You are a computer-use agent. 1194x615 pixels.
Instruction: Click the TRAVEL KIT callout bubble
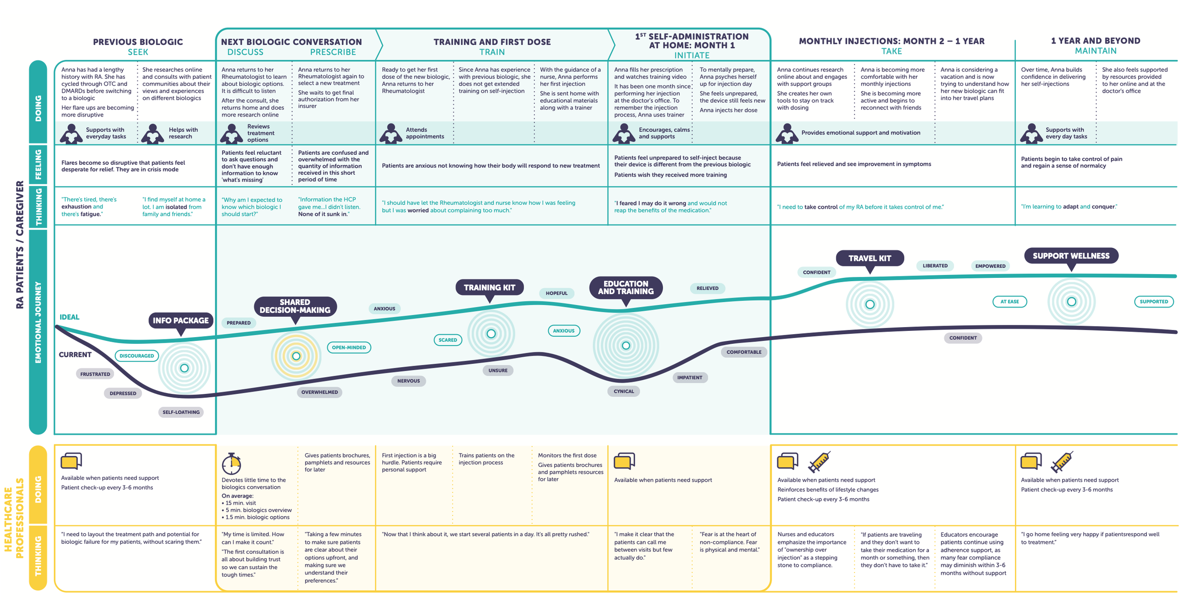pyautogui.click(x=869, y=258)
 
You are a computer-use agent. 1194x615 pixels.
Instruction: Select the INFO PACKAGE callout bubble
pyautogui.click(x=181, y=320)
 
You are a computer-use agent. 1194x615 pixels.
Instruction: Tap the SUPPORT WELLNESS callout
pyautogui.click(x=1071, y=256)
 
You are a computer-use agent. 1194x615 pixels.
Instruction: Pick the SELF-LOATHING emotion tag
pyautogui.click(x=181, y=412)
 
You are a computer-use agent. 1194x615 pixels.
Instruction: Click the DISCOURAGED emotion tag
pyautogui.click(x=137, y=356)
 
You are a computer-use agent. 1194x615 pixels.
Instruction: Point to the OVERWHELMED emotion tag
pyautogui.click(x=320, y=392)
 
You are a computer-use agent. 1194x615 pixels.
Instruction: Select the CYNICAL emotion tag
pyautogui.click(x=624, y=391)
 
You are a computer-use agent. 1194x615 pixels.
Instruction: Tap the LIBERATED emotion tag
pyautogui.click(x=935, y=266)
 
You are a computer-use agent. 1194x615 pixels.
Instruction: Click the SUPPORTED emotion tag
pyautogui.click(x=1153, y=302)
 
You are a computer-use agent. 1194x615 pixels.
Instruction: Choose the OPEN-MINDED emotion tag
pyautogui.click(x=349, y=348)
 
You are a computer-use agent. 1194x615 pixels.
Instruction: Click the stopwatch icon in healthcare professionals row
pyautogui.click(x=232, y=463)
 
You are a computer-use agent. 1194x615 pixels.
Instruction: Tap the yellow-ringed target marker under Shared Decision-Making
pyautogui.click(x=296, y=356)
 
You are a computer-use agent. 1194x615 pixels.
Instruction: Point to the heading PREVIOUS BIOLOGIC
pyautogui.click(x=138, y=42)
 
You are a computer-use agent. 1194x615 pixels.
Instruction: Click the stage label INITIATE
pyautogui.click(x=692, y=55)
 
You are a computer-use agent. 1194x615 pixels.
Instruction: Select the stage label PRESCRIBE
pyautogui.click(x=333, y=52)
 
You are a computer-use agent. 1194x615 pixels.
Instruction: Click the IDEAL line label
pyautogui.click(x=69, y=317)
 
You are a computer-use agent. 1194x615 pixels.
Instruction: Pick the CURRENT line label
pyautogui.click(x=75, y=355)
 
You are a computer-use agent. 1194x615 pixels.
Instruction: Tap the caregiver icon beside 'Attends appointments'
pyautogui.click(x=391, y=133)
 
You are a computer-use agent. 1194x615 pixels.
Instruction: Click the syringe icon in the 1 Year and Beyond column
pyautogui.click(x=1062, y=462)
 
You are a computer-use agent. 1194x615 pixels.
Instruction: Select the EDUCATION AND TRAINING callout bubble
pyautogui.click(x=626, y=287)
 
